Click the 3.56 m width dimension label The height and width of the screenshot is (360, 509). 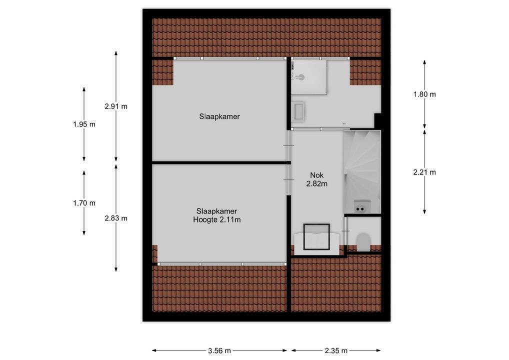(x=219, y=350)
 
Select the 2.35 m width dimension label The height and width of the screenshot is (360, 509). (x=336, y=350)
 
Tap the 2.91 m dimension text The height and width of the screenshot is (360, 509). (x=116, y=106)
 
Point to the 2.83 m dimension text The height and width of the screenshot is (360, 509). (x=116, y=218)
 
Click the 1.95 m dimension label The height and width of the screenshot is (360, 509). (x=84, y=124)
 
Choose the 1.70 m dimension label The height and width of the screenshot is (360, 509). (x=84, y=203)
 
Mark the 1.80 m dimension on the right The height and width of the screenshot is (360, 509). (x=424, y=94)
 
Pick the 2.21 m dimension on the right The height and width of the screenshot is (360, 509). (x=424, y=172)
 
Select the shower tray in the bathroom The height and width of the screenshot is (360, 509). (x=309, y=77)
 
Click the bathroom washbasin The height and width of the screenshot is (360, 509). (x=298, y=111)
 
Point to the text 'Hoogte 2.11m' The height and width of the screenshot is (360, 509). (x=216, y=219)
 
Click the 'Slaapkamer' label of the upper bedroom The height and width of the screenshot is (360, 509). (x=219, y=116)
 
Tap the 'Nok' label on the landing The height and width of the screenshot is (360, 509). (x=317, y=175)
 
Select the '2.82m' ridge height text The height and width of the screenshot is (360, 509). (x=317, y=183)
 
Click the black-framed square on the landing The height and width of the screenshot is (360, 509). (x=314, y=237)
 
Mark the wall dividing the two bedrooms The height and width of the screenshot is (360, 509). (x=221, y=163)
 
